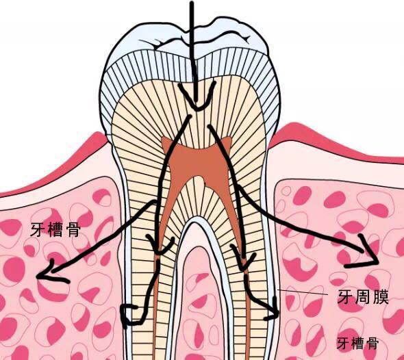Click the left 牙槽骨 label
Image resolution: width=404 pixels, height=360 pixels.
click(55, 229)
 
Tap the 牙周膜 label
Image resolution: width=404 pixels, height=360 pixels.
click(363, 296)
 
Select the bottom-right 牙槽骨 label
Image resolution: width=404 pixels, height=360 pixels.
click(357, 343)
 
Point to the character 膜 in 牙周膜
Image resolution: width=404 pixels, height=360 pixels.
click(380, 296)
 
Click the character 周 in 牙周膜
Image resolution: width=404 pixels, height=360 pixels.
click(363, 296)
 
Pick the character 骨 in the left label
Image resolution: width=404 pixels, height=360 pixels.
click(73, 229)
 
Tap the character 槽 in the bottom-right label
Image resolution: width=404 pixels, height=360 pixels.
click(357, 343)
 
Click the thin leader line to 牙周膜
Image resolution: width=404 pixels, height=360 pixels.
click(303, 292)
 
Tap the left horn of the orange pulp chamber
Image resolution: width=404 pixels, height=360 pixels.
click(165, 141)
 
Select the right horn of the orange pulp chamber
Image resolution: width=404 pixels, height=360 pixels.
click(228, 141)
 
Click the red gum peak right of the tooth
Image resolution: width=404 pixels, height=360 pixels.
click(296, 126)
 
